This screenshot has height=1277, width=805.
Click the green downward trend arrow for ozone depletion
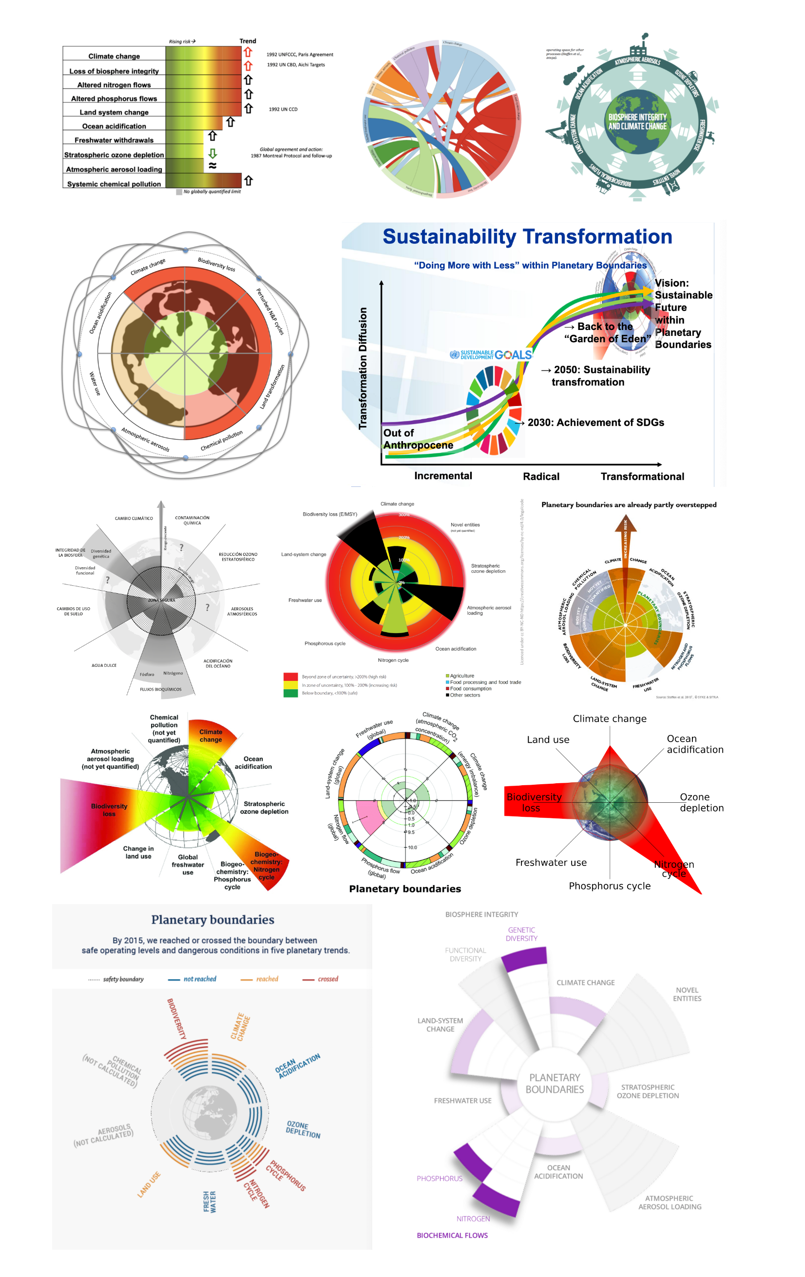[x=212, y=153]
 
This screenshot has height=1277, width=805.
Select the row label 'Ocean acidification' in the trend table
[x=114, y=126]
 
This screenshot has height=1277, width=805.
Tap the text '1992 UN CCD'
[x=283, y=109]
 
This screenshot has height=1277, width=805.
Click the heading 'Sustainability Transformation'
[x=527, y=236]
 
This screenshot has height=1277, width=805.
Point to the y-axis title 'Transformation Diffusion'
[x=363, y=368]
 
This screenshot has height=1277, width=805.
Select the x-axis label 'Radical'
[x=540, y=476]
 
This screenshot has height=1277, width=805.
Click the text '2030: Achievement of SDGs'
[x=595, y=422]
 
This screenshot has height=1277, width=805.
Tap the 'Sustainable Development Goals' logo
[x=491, y=354]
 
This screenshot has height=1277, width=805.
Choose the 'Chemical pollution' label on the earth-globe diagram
[x=221, y=441]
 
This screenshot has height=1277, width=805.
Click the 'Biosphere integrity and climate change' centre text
[x=637, y=121]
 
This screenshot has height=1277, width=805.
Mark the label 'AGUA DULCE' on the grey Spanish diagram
[x=104, y=665]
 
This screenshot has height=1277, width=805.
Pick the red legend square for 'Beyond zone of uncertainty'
[x=290, y=677]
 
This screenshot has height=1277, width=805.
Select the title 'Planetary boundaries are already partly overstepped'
[x=629, y=505]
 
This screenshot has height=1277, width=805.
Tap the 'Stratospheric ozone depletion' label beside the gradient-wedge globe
[x=264, y=808]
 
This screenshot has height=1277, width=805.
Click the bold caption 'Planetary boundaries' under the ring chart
[x=404, y=889]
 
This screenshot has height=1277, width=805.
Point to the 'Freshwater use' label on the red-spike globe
[x=551, y=862]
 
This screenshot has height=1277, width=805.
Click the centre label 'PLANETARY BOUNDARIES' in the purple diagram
[x=554, y=1084]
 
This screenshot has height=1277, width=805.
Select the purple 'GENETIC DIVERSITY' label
[x=521, y=934]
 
